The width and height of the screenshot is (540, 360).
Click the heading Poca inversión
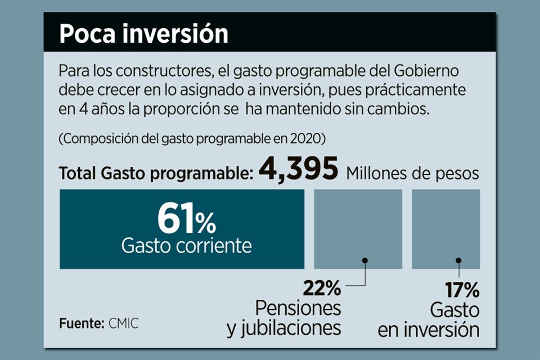[x=144, y=34]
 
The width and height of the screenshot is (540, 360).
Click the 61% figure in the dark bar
[x=186, y=219]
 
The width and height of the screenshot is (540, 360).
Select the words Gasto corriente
[x=187, y=245]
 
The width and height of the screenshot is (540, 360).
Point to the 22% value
[x=322, y=289]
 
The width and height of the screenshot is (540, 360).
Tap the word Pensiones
[x=298, y=308]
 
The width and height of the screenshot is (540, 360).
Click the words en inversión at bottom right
[x=429, y=330]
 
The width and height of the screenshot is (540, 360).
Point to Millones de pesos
[x=412, y=173]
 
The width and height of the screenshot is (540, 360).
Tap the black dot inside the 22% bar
[x=365, y=260]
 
